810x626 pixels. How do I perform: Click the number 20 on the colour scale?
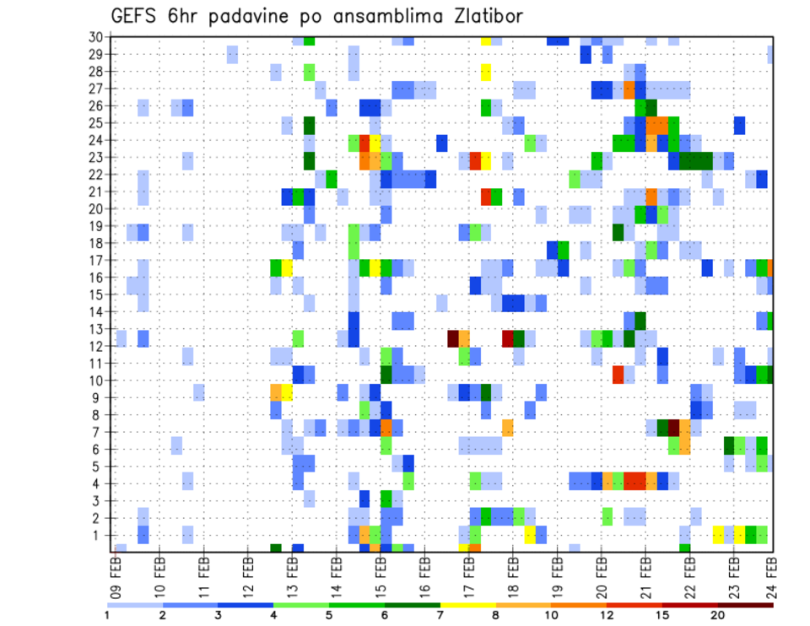pos(718,615)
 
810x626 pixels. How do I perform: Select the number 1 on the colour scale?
pos(107,615)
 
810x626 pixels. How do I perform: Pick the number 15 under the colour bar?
pos(662,615)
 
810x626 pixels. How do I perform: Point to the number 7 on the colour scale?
pos(440,615)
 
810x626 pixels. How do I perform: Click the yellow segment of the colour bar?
pos(467,605)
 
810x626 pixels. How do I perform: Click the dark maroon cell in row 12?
pos(453,337)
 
